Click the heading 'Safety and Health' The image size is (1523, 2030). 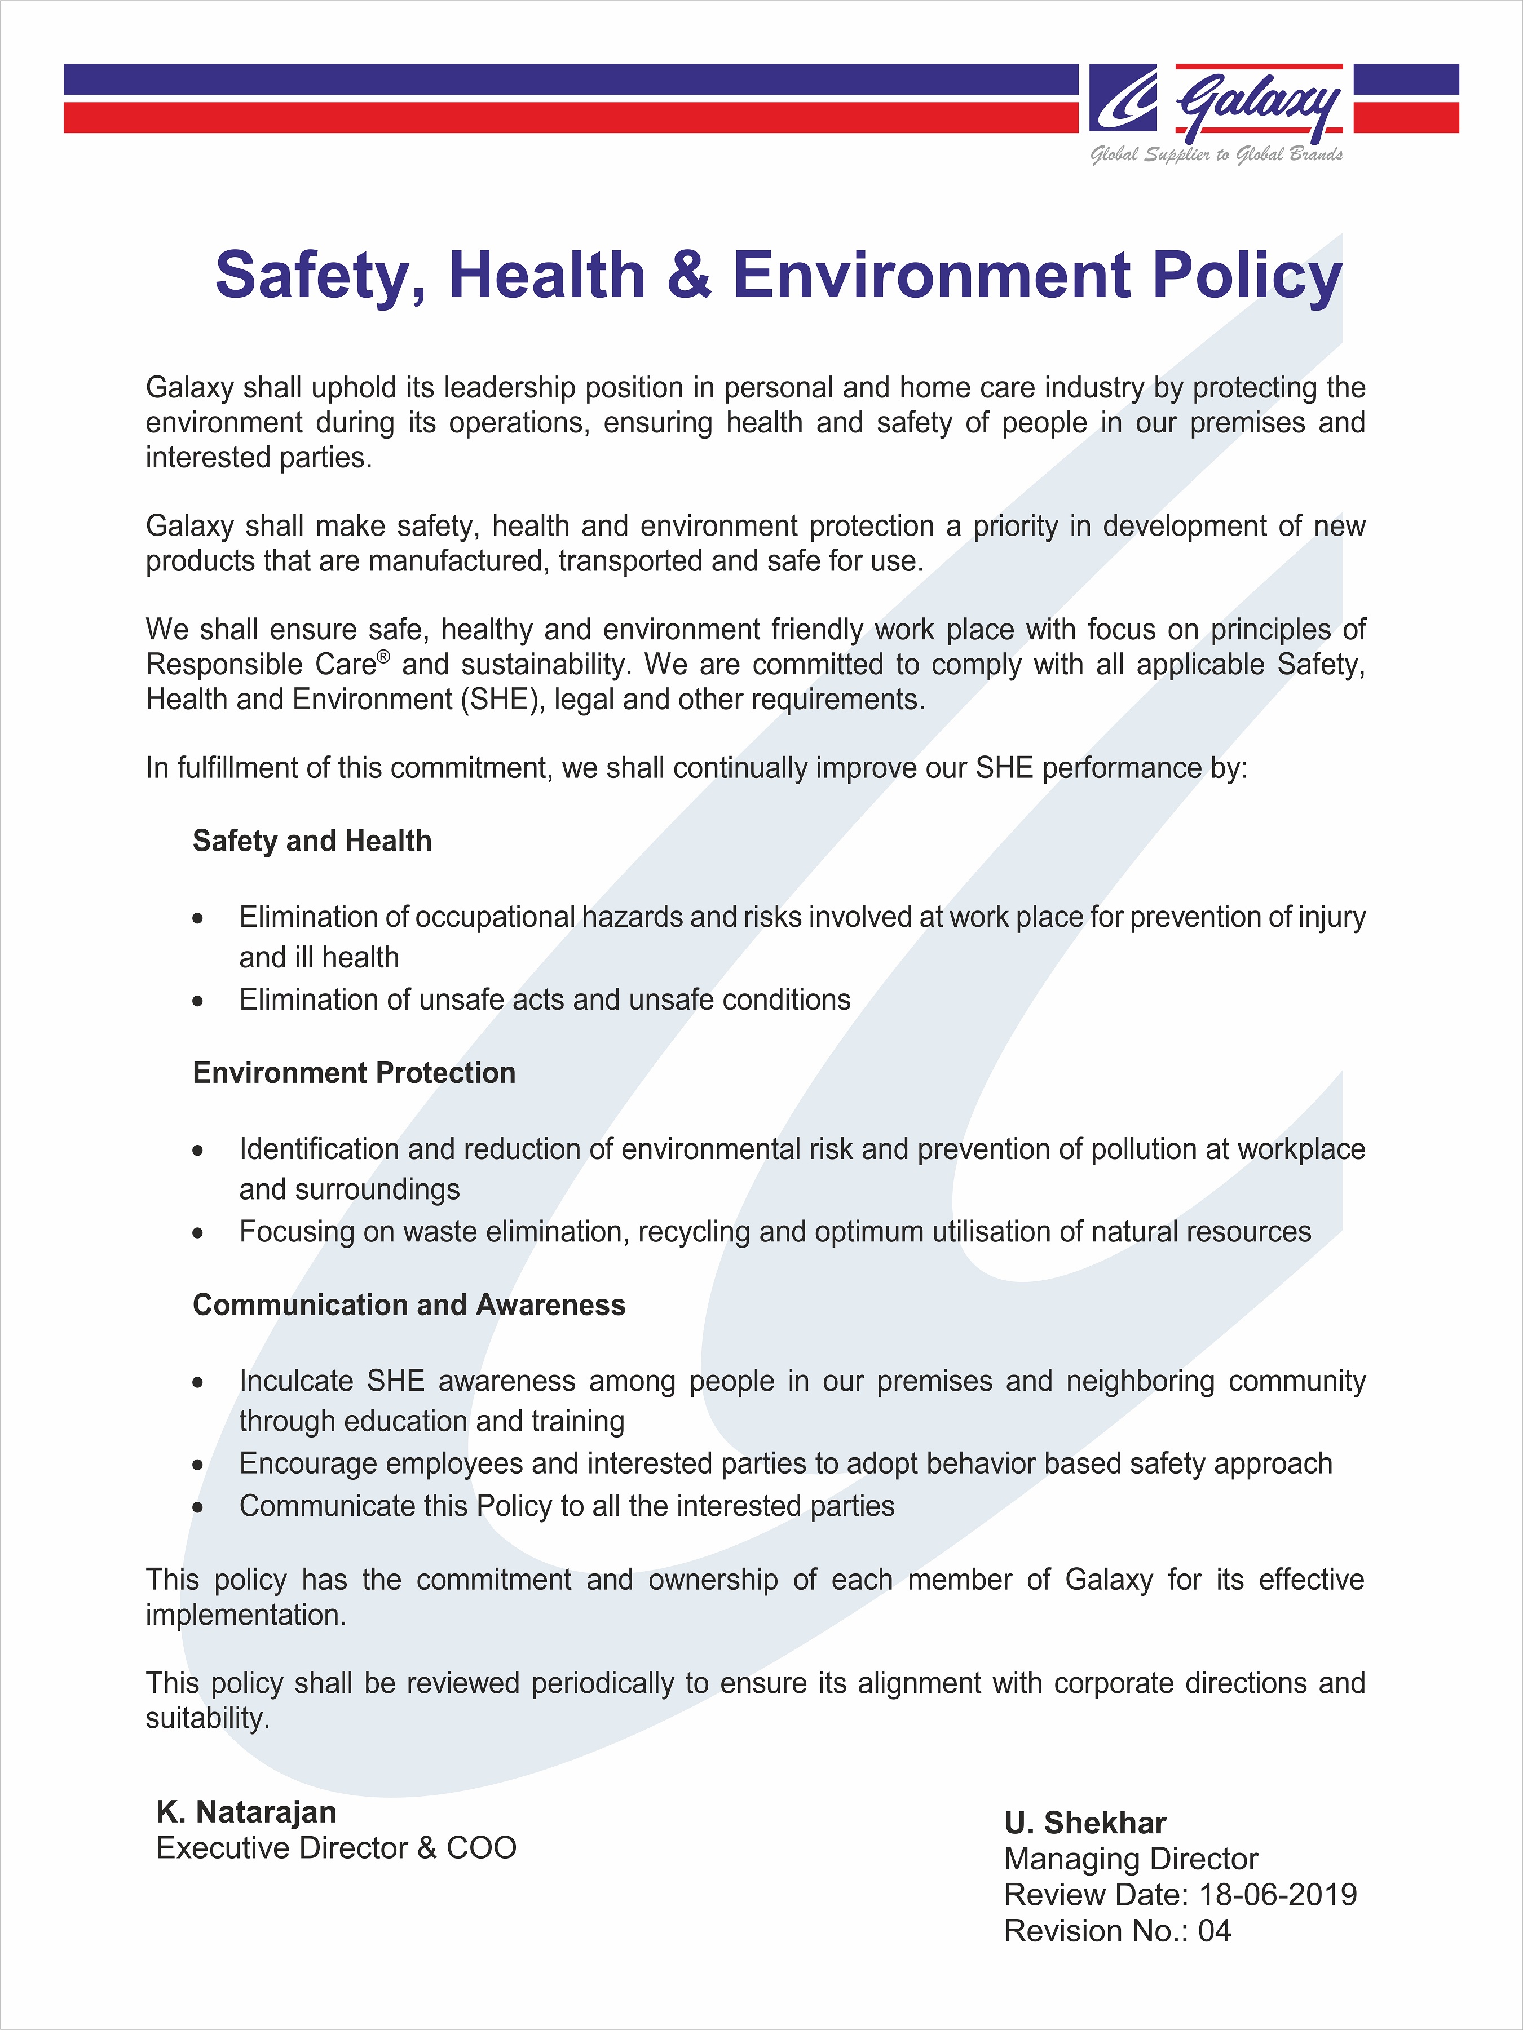click(x=312, y=841)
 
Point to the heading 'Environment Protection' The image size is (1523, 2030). click(x=354, y=1073)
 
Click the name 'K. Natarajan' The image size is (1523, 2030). click(x=246, y=1812)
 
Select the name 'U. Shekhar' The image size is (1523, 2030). click(x=1084, y=1823)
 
